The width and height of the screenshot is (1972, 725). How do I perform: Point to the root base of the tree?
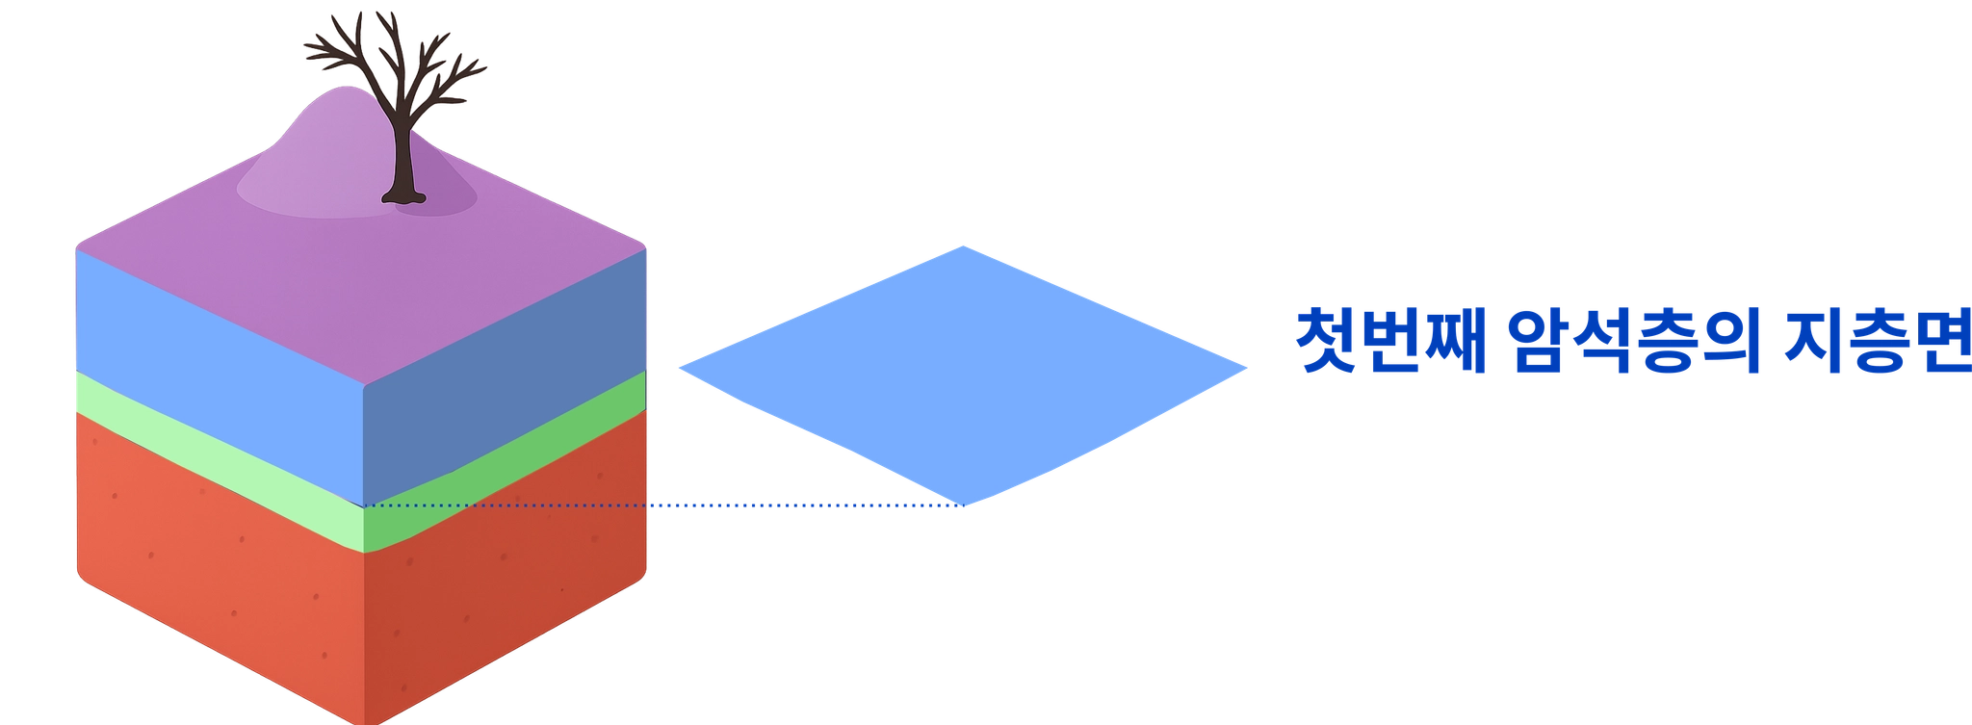pyautogui.click(x=402, y=198)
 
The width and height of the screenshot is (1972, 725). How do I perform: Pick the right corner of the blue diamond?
pyautogui.click(x=1246, y=366)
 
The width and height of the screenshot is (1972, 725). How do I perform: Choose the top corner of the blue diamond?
pyautogui.click(x=963, y=246)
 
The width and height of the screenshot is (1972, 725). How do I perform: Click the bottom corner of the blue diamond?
pyautogui.click(x=966, y=505)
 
